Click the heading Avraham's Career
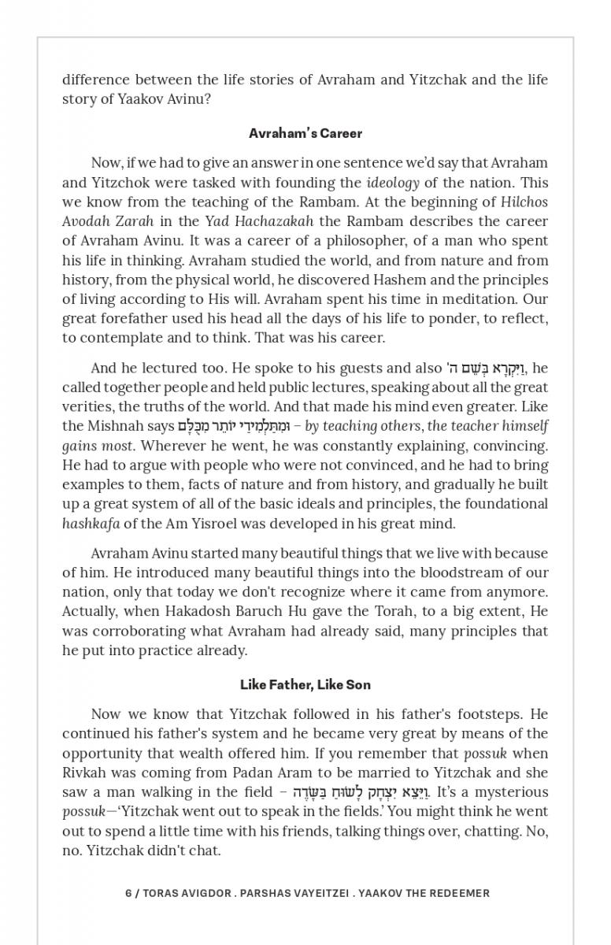point(305,133)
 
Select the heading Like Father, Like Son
point(305,684)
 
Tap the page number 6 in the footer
point(128,893)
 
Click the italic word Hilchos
point(524,202)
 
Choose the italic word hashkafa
point(91,524)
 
